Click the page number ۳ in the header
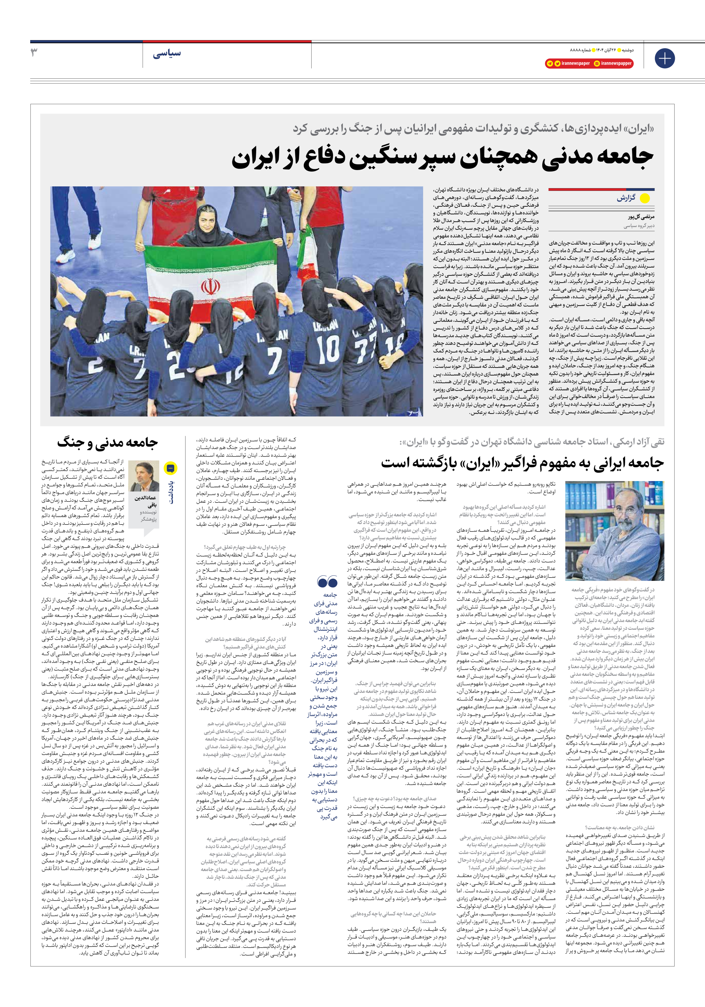tap(34, 53)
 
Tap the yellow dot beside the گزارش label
tap(644, 198)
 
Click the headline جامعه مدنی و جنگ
tap(107, 442)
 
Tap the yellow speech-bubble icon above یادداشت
tap(170, 468)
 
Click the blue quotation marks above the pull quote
tap(327, 582)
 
